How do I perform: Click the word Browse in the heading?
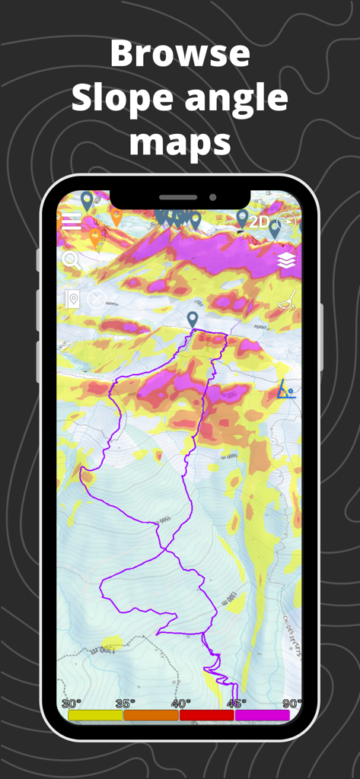[180, 54]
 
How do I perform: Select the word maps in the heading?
[180, 142]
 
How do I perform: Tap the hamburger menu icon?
[72, 221]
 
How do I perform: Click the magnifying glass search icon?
[71, 260]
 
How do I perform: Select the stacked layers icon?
[286, 261]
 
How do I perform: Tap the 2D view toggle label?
[260, 222]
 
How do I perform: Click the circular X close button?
[96, 299]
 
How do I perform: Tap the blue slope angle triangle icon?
[285, 389]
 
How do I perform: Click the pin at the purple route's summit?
[193, 320]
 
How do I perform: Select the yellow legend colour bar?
[95, 715]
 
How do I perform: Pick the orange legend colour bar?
[151, 715]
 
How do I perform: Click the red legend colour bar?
[206, 715]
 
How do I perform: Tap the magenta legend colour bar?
[262, 715]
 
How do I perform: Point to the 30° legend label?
[71, 704]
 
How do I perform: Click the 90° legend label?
[292, 704]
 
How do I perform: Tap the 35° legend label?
[125, 704]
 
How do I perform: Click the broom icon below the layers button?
[286, 300]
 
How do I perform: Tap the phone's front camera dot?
[212, 198]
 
